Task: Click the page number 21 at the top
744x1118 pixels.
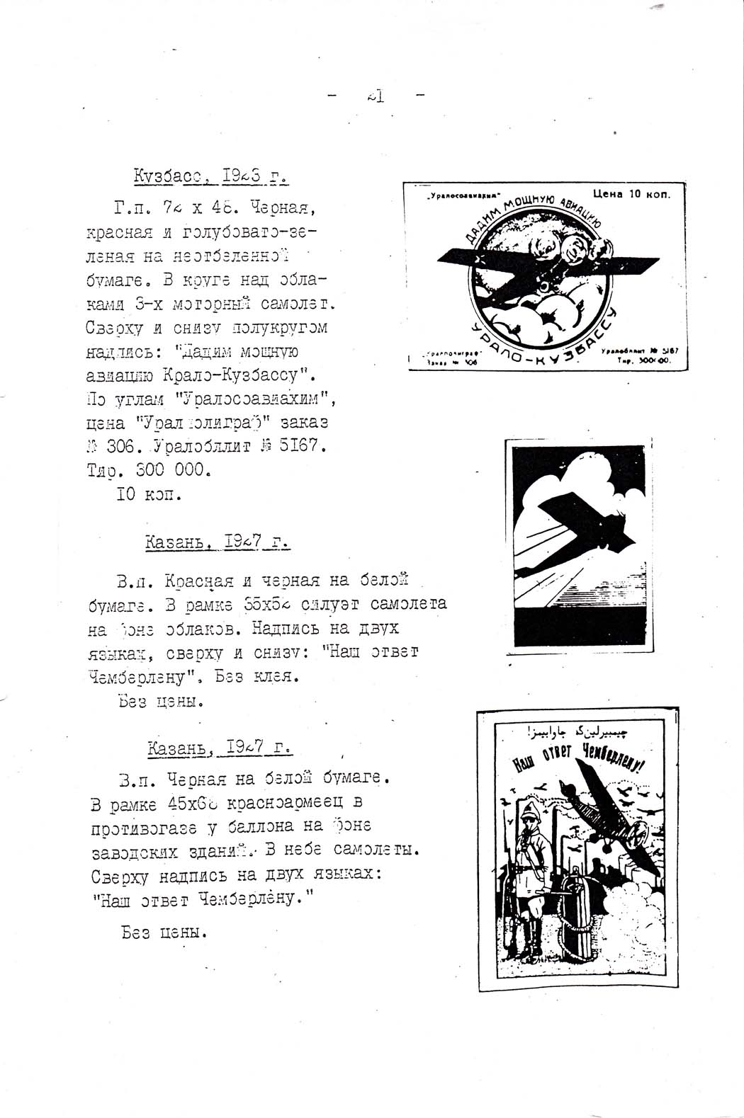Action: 376,96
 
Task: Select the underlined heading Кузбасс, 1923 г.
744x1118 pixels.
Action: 210,176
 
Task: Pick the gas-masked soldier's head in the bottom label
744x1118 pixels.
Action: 530,824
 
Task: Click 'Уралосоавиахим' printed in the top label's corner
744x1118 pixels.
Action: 464,196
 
